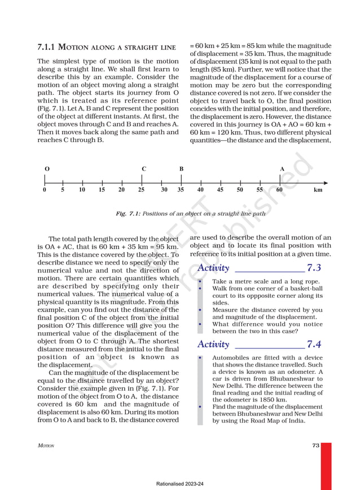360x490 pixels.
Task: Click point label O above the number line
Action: tap(46, 169)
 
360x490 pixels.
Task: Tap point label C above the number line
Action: tap(144, 169)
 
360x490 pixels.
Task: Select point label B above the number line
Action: tap(181, 169)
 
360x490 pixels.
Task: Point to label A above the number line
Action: tap(282, 169)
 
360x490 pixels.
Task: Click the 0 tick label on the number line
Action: tap(45, 191)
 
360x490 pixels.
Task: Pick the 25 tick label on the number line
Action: tap(141, 191)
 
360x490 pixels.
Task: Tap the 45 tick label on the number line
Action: tap(220, 191)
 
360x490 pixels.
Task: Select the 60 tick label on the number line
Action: tap(279, 191)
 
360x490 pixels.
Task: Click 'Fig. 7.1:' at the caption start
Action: tap(128, 214)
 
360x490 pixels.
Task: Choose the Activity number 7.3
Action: tap(314, 268)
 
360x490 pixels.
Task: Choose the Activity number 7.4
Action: tap(314, 345)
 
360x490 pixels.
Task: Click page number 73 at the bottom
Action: tap(315, 445)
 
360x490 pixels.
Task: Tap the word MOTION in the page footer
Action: tap(46, 446)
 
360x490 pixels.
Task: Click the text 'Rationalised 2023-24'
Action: tap(180, 484)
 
